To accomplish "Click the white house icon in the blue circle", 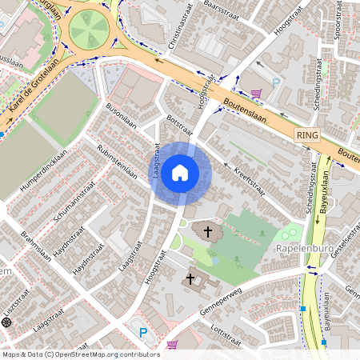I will pyautogui.click(x=180, y=173).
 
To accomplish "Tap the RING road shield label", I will pyautogui.click(x=306, y=136).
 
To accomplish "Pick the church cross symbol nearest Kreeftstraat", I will pyautogui.click(x=208, y=231).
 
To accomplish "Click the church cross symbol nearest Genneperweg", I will pyautogui.click(x=190, y=278).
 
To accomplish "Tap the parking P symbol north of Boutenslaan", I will pyautogui.click(x=276, y=83).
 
